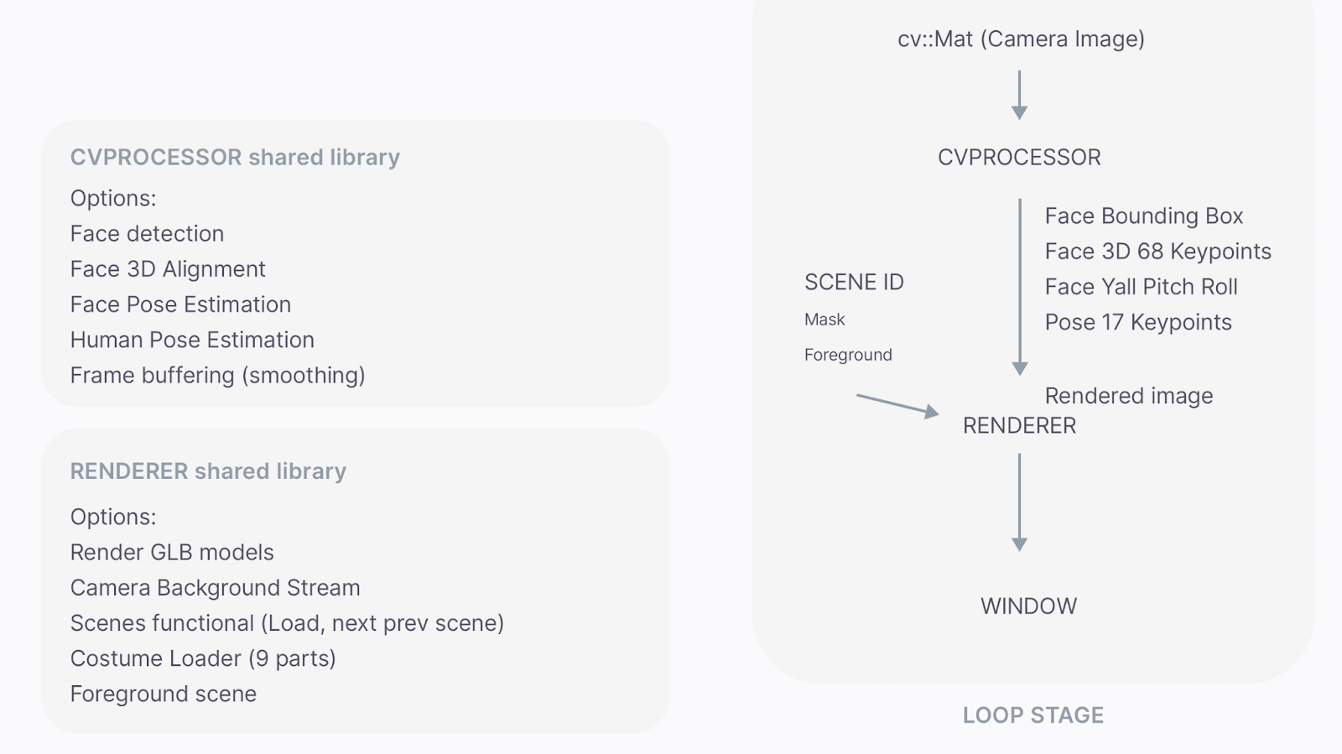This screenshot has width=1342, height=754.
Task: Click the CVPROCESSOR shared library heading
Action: click(235, 158)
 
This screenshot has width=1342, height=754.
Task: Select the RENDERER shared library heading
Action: click(208, 471)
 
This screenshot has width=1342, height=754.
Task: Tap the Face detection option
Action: click(147, 234)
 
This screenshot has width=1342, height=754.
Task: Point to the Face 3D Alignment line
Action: click(168, 269)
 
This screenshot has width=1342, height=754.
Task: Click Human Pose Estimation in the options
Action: click(192, 340)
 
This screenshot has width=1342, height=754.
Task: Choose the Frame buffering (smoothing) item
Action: click(217, 375)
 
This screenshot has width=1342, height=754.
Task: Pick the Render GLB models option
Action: click(172, 553)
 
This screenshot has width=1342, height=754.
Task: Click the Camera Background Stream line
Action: click(215, 588)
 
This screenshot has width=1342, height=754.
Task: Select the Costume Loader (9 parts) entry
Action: click(203, 658)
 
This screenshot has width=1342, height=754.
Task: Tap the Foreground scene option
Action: click(164, 694)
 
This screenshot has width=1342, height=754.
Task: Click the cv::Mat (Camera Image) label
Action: click(1021, 39)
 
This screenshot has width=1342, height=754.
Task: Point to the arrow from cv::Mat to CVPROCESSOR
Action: click(1020, 95)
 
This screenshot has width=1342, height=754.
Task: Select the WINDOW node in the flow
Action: click(1028, 606)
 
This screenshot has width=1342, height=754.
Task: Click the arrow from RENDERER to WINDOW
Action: click(1020, 502)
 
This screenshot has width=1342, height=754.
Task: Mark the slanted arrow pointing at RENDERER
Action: click(897, 405)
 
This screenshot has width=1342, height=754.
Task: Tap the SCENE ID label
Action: click(854, 283)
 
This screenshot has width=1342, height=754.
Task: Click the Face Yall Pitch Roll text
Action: click(1141, 287)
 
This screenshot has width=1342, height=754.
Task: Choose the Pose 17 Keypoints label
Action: click(1138, 323)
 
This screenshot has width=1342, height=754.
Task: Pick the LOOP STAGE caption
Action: click(1033, 715)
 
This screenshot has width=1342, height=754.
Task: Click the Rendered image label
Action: click(1129, 396)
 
